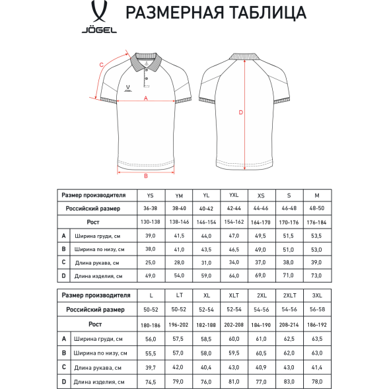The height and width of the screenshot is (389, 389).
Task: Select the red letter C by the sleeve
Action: pos(101,65)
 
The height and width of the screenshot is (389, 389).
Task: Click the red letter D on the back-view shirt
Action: pos(241,113)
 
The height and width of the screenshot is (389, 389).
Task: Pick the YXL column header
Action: pos(234,195)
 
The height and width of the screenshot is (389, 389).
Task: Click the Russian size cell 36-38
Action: pos(151,208)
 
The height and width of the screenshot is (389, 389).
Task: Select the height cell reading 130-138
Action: pos(151,222)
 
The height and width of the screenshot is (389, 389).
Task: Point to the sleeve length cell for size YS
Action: pos(151,263)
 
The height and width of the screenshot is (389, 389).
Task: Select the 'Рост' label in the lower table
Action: pos(96,324)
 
